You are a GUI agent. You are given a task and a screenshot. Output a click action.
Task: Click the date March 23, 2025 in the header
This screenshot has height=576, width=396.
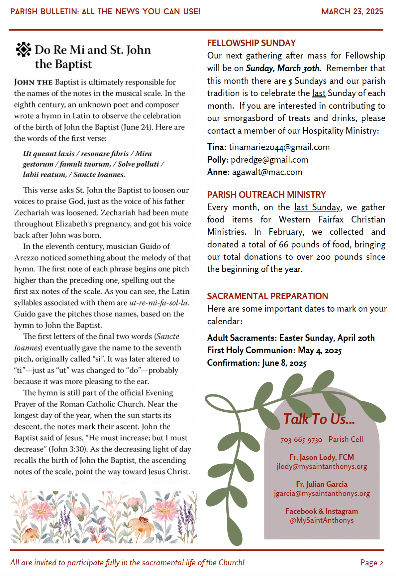(352, 12)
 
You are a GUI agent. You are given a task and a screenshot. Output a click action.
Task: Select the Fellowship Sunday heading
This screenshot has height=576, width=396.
(251, 43)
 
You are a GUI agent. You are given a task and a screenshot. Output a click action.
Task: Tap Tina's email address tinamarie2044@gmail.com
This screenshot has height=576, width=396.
(279, 147)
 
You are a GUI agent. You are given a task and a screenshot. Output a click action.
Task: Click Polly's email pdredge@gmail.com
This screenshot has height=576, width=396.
(269, 160)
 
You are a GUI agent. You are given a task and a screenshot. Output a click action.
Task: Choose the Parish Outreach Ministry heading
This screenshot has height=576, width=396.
(266, 195)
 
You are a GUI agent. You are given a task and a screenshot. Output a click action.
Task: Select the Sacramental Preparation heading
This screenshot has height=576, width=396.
(267, 296)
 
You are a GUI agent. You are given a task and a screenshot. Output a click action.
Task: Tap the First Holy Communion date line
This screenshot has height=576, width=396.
(274, 350)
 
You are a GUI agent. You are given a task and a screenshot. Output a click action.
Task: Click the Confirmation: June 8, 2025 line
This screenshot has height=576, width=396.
(257, 363)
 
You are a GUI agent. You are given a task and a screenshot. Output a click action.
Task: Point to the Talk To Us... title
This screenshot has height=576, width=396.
(319, 419)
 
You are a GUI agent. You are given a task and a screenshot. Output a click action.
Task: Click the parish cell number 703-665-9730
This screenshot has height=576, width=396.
(301, 440)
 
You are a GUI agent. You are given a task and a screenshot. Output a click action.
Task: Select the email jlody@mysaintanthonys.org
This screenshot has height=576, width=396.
(322, 467)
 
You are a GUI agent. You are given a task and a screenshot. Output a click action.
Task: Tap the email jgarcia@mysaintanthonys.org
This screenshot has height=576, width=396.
(322, 494)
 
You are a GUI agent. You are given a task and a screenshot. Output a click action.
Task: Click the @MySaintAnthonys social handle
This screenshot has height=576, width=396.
(322, 520)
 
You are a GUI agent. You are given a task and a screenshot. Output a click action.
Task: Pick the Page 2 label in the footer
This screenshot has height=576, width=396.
(371, 563)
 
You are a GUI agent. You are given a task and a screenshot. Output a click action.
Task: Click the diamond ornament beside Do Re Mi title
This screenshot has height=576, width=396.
(24, 50)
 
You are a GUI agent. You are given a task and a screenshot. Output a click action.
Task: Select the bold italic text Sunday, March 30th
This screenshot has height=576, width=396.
(283, 68)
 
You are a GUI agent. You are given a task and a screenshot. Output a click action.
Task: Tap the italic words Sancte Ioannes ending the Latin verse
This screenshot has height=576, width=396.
(99, 175)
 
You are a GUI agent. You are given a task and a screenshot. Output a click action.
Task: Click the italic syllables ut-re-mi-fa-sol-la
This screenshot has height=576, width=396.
(159, 303)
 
